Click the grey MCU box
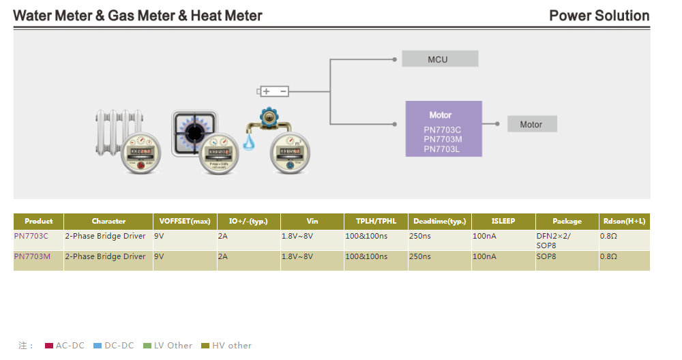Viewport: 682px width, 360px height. (439, 59)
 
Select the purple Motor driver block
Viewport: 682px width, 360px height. (443, 128)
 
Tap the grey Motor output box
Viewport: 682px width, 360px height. (532, 124)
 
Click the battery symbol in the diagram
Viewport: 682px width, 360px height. (273, 91)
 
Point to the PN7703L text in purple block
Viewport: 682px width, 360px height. (443, 149)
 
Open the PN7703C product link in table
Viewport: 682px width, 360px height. (31, 237)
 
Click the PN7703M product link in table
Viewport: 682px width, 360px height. (32, 257)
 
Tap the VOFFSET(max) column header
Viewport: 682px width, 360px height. (186, 222)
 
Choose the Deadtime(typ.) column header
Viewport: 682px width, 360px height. (440, 222)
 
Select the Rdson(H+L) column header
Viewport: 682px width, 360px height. (623, 222)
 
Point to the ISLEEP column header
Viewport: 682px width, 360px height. (503, 222)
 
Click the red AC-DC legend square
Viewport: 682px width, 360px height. (49, 346)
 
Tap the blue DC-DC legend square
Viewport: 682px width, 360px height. (97, 346)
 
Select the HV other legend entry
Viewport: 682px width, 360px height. (226, 346)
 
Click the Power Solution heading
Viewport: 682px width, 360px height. (599, 16)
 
